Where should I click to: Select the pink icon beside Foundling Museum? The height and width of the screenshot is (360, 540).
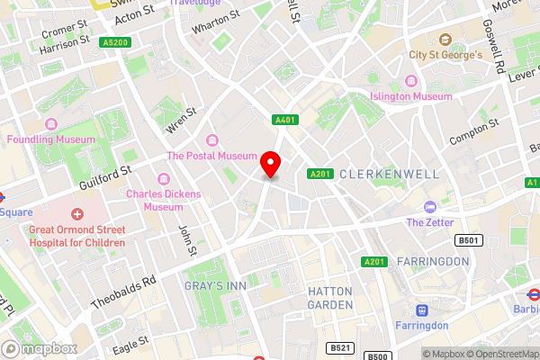(13, 139)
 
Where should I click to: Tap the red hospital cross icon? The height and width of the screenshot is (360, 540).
(77, 214)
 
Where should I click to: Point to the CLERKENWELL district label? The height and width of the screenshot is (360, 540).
(389, 174)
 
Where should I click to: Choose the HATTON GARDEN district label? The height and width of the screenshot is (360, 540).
(330, 298)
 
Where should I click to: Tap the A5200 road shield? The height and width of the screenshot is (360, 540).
(114, 42)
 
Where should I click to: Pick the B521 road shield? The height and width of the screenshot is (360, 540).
(339, 347)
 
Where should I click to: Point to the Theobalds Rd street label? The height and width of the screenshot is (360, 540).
(126, 292)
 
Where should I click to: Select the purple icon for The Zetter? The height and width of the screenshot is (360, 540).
(430, 206)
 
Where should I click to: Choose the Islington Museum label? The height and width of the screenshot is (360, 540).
(411, 96)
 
